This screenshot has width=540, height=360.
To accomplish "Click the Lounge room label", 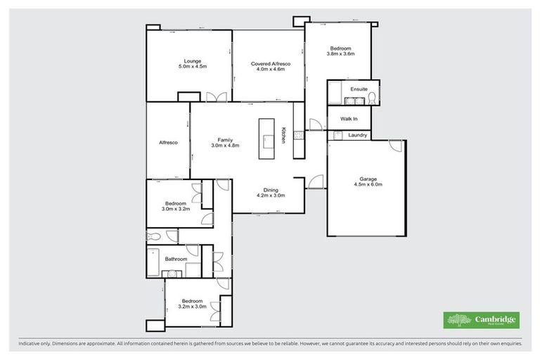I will click(x=188, y=61).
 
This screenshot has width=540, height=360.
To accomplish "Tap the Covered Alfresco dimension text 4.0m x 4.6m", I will click(x=267, y=70).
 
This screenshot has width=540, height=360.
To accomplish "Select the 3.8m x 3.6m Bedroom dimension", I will click(x=340, y=53).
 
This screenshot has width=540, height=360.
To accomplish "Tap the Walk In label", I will click(x=349, y=119).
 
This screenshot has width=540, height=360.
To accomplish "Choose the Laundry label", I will click(x=358, y=135).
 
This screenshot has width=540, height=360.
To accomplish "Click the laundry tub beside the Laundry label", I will click(x=337, y=135).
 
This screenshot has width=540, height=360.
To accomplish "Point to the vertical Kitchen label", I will click(x=284, y=135).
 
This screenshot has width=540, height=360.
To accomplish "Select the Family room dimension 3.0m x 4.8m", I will click(x=226, y=146).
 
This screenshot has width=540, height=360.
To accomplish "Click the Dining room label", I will click(x=270, y=190).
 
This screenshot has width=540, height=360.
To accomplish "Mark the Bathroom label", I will click(x=176, y=259).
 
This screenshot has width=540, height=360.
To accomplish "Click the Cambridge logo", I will click(x=482, y=319).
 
